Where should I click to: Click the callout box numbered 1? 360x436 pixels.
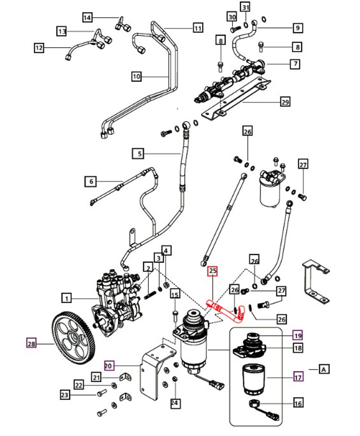(67, 298)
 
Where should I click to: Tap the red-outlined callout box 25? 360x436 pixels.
(213, 271)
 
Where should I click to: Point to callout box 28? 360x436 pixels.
(31, 344)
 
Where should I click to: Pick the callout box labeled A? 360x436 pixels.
(324, 369)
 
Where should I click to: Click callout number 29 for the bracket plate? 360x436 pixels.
(285, 102)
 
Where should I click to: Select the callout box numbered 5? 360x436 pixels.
(139, 154)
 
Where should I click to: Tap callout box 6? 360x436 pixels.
(91, 181)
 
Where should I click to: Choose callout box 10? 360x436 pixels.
(136, 76)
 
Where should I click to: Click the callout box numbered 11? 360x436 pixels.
(198, 28)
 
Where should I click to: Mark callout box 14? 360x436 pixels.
(88, 17)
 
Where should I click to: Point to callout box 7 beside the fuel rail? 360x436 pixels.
(295, 64)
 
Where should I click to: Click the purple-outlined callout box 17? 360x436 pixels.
(298, 377)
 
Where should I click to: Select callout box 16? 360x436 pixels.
(298, 403)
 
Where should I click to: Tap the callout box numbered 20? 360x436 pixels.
(109, 366)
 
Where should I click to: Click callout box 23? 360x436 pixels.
(65, 395)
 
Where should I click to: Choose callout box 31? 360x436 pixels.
(245, 7)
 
